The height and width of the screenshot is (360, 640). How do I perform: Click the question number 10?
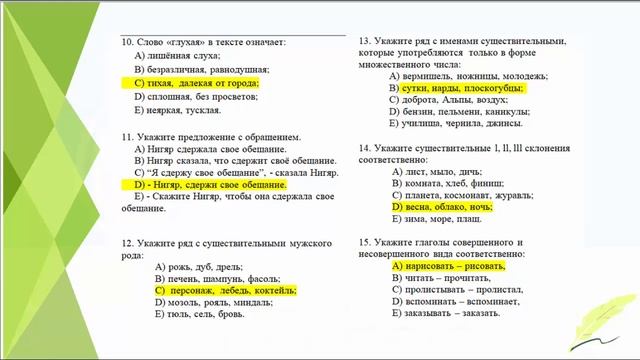pyautogui.click(x=127, y=43)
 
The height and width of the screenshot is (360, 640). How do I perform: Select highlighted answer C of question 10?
pyautogui.click(x=196, y=84)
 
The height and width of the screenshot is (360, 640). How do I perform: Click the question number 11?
pyautogui.click(x=127, y=135)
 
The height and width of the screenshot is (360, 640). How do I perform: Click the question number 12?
pyautogui.click(x=127, y=242)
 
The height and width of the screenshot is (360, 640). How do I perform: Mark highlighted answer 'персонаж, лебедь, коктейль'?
pyautogui.click(x=226, y=290)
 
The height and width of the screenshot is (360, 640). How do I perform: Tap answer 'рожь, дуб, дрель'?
pyautogui.click(x=200, y=266)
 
